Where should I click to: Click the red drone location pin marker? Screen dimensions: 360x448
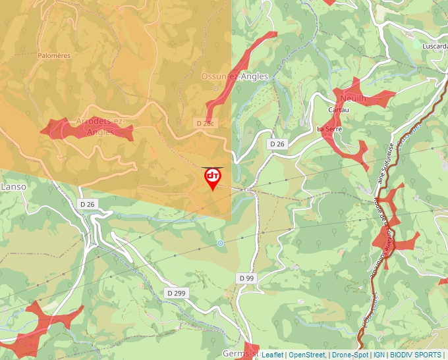[213, 178]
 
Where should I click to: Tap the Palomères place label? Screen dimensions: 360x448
[54, 56]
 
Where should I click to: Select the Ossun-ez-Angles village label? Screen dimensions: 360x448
[235, 76]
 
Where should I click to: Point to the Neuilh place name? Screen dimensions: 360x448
[353, 98]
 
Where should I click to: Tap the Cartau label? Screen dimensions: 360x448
[338, 110]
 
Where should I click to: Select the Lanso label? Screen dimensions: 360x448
[13, 187]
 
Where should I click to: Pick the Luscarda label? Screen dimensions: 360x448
[435, 47]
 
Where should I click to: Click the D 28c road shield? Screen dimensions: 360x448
[206, 123]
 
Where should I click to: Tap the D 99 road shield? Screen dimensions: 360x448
[246, 278]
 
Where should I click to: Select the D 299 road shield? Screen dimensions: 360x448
[176, 293]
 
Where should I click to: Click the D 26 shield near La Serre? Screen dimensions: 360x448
[277, 143]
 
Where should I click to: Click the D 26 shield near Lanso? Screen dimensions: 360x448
[88, 204]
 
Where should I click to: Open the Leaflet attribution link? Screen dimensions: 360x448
[272, 355]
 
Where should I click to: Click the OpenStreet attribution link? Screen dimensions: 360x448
[306, 355]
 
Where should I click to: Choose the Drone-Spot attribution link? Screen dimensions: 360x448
[350, 355]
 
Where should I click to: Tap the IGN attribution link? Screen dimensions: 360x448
[379, 355]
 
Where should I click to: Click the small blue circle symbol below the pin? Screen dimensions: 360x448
[220, 244]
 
